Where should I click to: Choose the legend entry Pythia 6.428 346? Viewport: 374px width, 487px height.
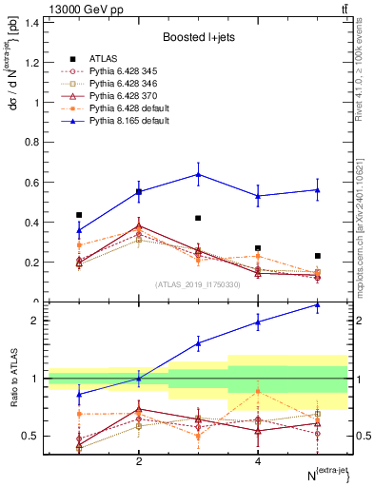coord(111,84)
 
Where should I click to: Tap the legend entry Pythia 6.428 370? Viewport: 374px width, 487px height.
coord(111,96)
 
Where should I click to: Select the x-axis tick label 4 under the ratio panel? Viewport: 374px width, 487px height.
coord(258,461)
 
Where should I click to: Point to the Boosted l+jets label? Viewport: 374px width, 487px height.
coord(198,36)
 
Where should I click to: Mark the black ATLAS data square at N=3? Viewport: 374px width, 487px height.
coord(198,218)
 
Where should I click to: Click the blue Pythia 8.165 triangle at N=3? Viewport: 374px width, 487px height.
coord(198,174)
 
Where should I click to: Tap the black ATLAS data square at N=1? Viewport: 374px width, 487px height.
coord(79,215)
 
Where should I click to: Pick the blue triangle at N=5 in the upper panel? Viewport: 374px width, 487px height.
coord(317,189)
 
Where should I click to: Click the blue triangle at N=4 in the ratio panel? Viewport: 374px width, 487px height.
coord(258,321)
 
